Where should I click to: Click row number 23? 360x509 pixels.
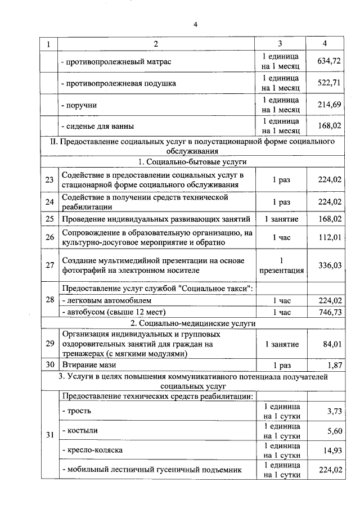49,180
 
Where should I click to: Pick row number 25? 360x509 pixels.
49,218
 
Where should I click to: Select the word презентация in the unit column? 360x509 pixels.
281,271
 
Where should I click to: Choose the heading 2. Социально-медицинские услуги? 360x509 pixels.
193,324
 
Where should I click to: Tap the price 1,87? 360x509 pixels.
334,364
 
